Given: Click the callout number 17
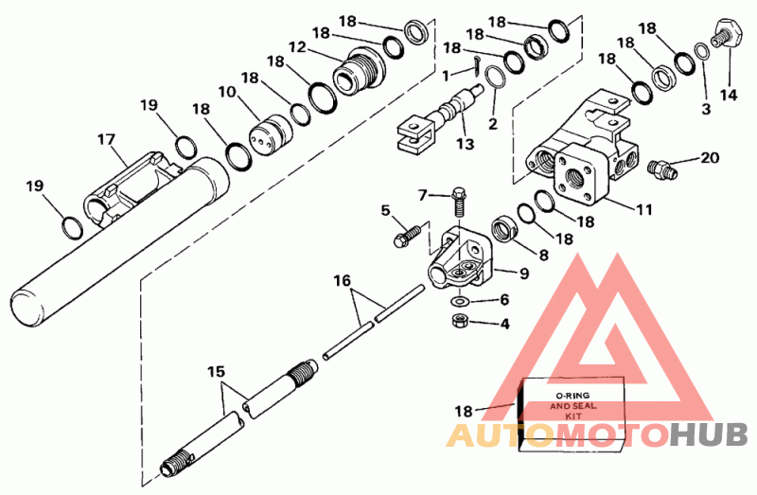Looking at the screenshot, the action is pyautogui.click(x=106, y=139).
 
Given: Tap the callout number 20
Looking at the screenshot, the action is pyautogui.click(x=709, y=157).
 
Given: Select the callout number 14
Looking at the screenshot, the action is pyautogui.click(x=729, y=96).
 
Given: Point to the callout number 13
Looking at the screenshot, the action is pyautogui.click(x=466, y=144).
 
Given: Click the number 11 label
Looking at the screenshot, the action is pyautogui.click(x=644, y=209).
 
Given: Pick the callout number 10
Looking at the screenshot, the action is pyautogui.click(x=227, y=92).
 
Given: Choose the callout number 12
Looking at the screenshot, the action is pyautogui.click(x=297, y=47).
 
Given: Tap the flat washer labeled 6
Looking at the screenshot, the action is pyautogui.click(x=459, y=301).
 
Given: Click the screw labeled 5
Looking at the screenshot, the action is pyautogui.click(x=406, y=236).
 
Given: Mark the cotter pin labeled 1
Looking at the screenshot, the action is pyautogui.click(x=476, y=64).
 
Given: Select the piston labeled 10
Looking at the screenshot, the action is pyautogui.click(x=272, y=135).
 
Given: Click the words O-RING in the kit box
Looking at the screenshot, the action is pyautogui.click(x=572, y=396).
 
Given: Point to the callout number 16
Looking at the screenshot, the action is pyautogui.click(x=342, y=280).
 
